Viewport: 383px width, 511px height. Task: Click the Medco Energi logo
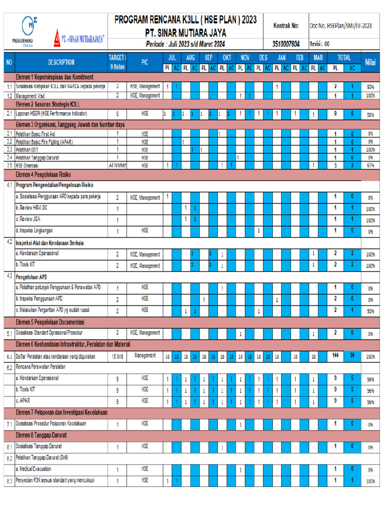(x=29, y=30)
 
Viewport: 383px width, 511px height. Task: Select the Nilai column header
(x=370, y=62)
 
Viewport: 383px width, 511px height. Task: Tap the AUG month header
(x=190, y=57)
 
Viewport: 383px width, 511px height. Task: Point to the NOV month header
(x=245, y=57)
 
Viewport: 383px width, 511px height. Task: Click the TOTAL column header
(x=344, y=57)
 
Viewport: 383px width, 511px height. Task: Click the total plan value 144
(x=336, y=356)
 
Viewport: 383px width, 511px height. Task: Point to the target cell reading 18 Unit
(x=117, y=357)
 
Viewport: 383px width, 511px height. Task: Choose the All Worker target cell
(x=117, y=165)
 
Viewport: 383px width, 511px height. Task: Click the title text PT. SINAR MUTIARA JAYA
(x=185, y=32)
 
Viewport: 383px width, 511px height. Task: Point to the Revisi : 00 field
(x=320, y=43)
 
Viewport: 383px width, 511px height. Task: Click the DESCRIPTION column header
(x=61, y=62)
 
